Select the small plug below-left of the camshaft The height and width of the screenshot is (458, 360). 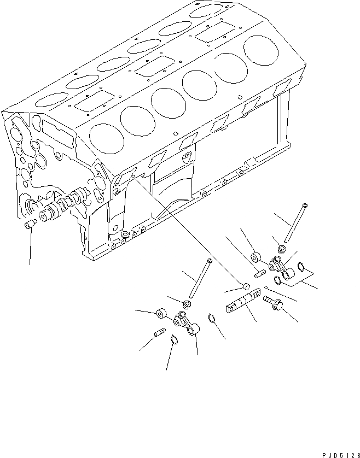(30, 224)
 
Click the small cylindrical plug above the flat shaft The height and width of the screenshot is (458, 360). (246, 285)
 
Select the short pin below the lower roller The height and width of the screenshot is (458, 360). (160, 331)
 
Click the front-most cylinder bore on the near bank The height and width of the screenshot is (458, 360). (104, 137)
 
